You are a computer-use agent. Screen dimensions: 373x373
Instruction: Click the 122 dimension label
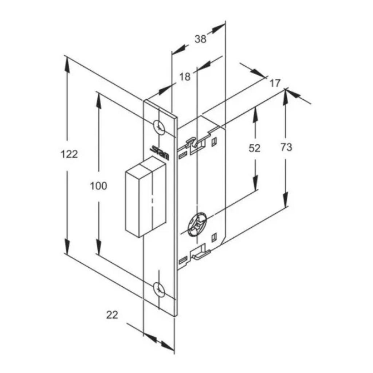[69, 154]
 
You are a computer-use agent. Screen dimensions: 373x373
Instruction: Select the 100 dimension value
[98, 186]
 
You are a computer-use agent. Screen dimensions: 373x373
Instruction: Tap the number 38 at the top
[200, 39]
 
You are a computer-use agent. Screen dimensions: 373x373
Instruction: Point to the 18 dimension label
[185, 76]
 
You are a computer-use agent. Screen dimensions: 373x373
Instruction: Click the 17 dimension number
[275, 83]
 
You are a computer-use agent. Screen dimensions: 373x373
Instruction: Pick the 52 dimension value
[254, 148]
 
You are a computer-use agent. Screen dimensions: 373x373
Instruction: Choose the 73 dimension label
[286, 147]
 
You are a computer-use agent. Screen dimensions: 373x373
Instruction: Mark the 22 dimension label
[112, 315]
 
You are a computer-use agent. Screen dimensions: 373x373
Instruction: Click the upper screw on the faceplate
[159, 127]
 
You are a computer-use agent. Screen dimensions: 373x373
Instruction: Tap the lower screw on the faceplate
[159, 289]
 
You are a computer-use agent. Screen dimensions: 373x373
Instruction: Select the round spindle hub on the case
[197, 224]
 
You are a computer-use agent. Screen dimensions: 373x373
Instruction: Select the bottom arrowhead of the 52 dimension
[256, 183]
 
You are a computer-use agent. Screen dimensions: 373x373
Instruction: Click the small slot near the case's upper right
[214, 142]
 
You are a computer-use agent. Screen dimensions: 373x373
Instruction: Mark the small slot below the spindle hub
[214, 237]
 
